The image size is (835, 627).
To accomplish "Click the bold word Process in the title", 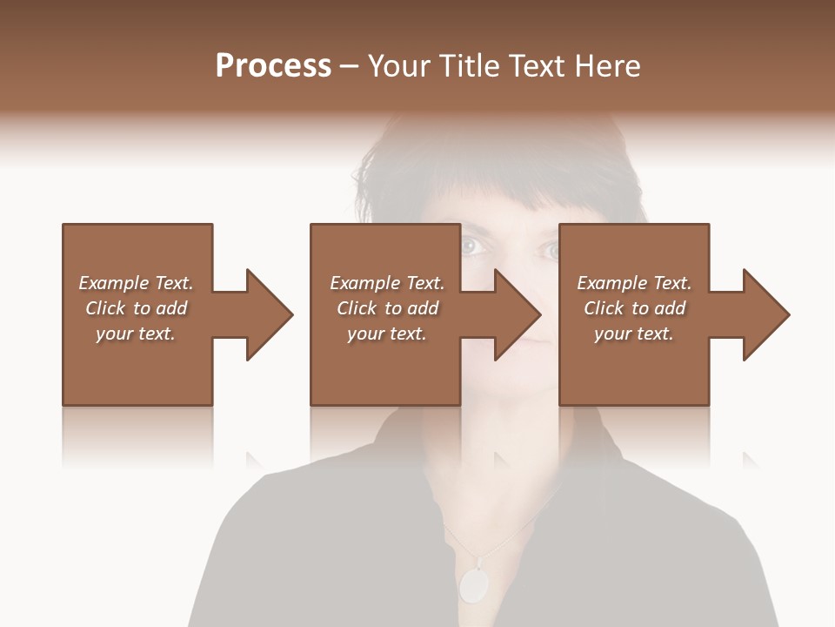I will [x=273, y=66].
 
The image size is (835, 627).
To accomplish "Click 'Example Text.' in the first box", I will [x=136, y=283].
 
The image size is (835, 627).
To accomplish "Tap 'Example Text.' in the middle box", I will [x=387, y=283].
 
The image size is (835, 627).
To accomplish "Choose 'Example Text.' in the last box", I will [x=634, y=283].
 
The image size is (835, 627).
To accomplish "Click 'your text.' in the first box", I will [x=136, y=334].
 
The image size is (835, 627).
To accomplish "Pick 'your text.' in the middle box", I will [x=387, y=334].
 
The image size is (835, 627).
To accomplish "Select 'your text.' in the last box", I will [x=634, y=334].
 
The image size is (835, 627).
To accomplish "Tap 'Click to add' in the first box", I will [x=136, y=308].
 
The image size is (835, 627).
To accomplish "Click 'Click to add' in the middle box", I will [x=387, y=308].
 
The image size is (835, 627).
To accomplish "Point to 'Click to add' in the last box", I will [x=634, y=308].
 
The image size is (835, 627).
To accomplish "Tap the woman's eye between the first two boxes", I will [x=471, y=247].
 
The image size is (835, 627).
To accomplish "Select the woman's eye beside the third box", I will [x=550, y=251].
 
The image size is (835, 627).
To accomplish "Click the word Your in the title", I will [x=399, y=66].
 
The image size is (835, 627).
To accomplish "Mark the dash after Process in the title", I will [x=350, y=67].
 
